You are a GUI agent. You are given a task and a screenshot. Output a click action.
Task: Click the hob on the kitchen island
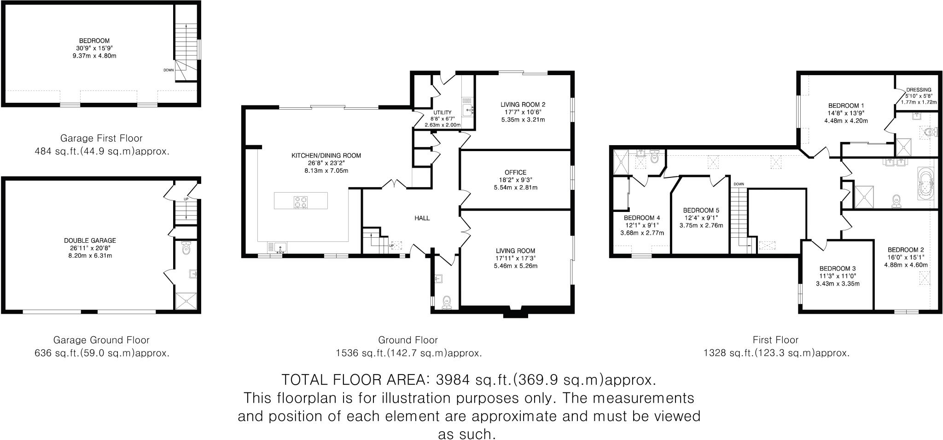click(301, 201)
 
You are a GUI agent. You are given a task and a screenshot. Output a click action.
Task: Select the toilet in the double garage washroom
click(186, 248)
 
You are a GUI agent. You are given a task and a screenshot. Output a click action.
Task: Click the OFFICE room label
click(515, 172)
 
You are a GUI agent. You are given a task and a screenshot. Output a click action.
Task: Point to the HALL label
click(422, 218)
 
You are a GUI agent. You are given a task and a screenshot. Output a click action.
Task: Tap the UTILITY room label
click(442, 112)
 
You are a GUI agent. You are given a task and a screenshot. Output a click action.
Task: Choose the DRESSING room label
click(918, 90)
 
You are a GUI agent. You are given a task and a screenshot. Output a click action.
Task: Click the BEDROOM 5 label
click(701, 209)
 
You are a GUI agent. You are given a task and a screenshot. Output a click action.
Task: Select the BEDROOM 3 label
click(837, 269)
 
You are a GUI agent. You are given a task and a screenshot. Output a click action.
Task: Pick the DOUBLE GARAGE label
click(90, 241)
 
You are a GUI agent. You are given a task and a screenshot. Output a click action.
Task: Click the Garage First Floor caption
click(101, 138)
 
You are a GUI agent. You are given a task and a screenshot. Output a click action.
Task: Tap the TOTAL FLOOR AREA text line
click(468, 380)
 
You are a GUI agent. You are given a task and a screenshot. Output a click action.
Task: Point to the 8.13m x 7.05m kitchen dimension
click(326, 170)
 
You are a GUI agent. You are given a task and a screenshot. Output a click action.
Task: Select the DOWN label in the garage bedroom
click(168, 70)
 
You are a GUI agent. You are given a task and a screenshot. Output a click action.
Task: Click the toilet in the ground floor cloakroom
click(446, 302)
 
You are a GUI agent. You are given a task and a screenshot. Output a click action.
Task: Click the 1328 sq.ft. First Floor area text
click(776, 353)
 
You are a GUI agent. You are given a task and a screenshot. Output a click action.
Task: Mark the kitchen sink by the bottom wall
click(280, 248)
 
